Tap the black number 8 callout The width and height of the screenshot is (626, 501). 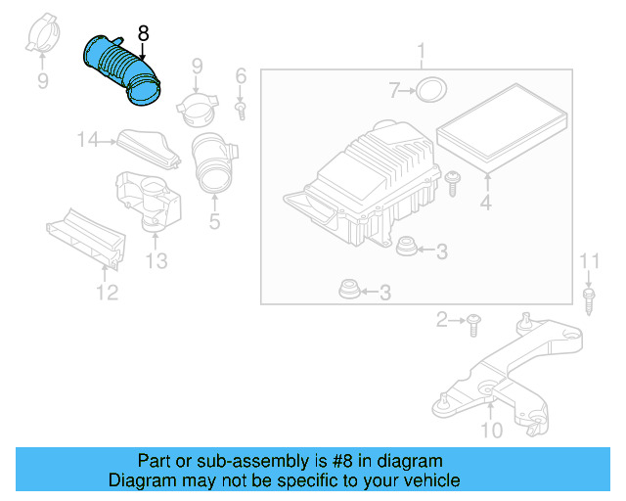[x=144, y=33]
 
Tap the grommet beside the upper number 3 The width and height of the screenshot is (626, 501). [x=404, y=248]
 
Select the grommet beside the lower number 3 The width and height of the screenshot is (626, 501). [x=347, y=291]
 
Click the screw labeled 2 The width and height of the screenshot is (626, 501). [x=473, y=319]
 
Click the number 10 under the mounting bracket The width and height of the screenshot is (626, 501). [x=492, y=430]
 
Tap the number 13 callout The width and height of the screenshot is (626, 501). [x=156, y=260]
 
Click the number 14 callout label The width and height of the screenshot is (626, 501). [x=89, y=141]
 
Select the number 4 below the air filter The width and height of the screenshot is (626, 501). [x=485, y=205]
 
